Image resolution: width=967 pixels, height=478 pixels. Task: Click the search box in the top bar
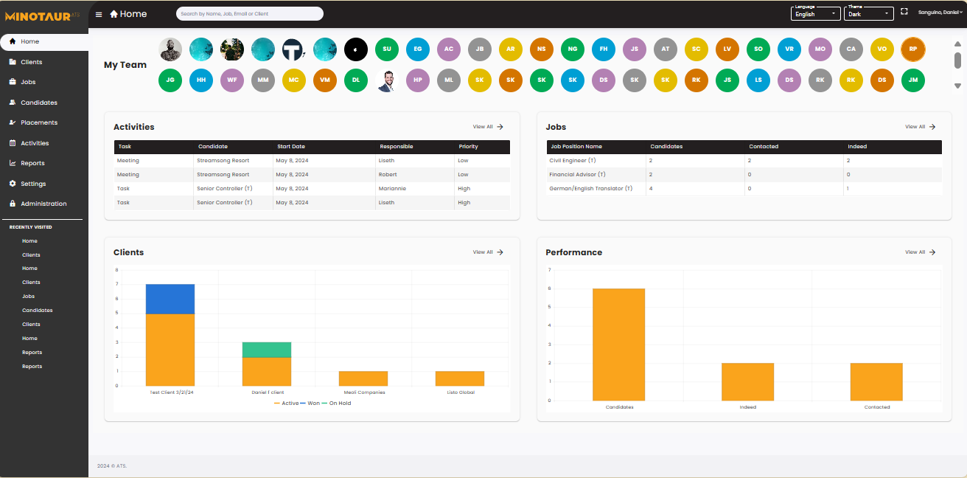tap(249, 13)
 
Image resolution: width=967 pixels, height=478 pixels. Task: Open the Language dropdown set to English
tap(815, 13)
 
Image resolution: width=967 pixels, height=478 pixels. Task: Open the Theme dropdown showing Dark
tap(868, 13)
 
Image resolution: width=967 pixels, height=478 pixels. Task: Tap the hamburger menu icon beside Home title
tap(99, 14)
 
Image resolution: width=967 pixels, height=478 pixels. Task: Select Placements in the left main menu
tap(38, 122)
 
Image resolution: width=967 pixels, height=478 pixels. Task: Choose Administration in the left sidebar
tap(43, 204)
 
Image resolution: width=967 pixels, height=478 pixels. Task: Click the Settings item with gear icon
tap(32, 184)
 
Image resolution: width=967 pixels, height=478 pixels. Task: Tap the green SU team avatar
tap(387, 49)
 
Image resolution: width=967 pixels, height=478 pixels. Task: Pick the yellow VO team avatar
tap(882, 49)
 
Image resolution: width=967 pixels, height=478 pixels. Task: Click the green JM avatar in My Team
tap(913, 80)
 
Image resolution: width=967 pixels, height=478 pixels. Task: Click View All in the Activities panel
tap(488, 127)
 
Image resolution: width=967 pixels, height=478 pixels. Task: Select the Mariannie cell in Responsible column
tap(392, 188)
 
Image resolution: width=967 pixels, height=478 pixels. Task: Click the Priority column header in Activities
tap(469, 147)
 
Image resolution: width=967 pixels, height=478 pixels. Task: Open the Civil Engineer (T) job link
tap(572, 160)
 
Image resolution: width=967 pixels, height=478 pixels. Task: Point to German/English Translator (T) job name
tap(590, 188)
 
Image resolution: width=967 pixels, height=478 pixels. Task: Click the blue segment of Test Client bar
tap(170, 299)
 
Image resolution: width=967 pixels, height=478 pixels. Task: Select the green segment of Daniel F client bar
tap(267, 350)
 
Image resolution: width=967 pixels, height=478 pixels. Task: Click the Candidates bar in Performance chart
tap(619, 344)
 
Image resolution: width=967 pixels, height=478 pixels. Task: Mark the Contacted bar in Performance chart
tap(876, 381)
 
